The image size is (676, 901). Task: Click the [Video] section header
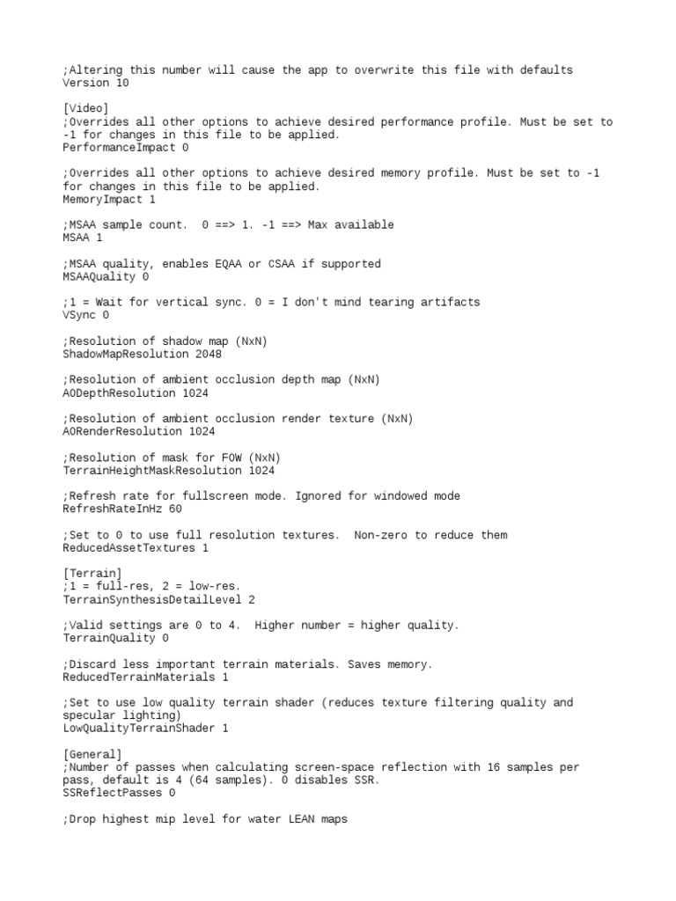86,109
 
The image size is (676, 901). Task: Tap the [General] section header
92,754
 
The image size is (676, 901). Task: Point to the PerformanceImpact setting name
118,148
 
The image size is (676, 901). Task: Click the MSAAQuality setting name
99,277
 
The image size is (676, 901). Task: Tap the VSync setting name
79,315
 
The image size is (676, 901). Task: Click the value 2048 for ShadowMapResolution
209,354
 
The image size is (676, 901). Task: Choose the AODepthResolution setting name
118,393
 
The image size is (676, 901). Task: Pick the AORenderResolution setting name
121,432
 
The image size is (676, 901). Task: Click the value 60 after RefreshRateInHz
175,509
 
